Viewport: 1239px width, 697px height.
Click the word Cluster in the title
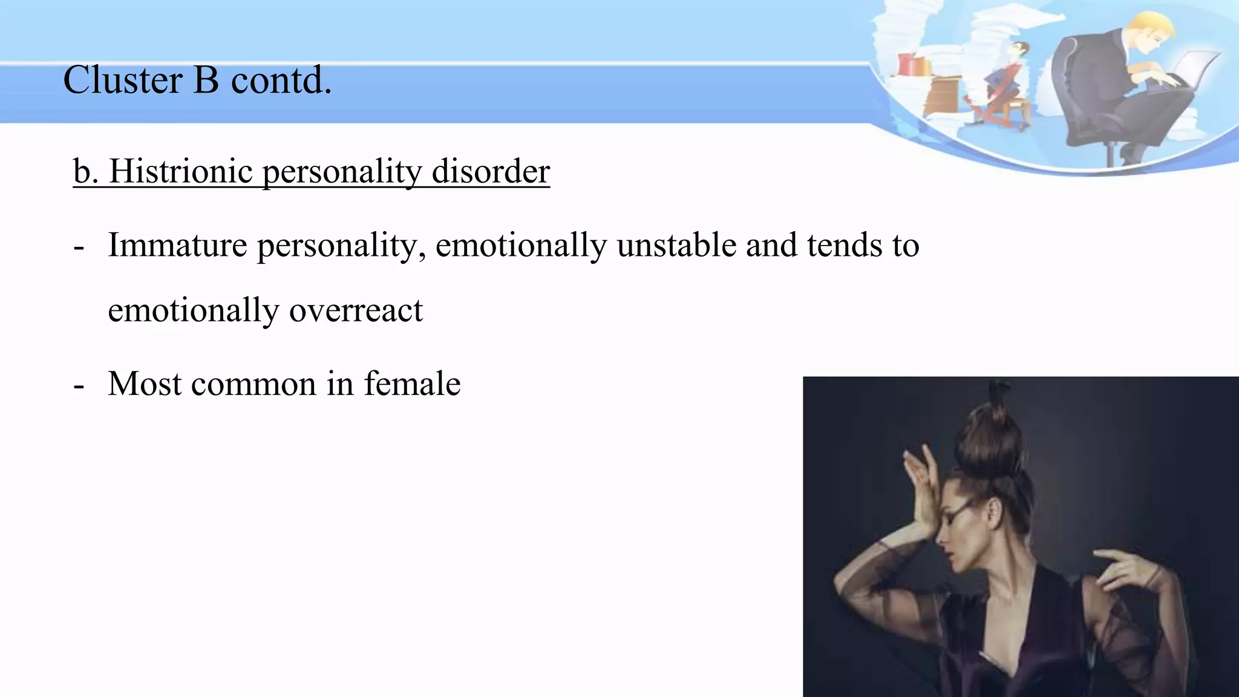(122, 80)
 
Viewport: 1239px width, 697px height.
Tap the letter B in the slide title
(206, 80)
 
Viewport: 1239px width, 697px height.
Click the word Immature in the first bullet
(177, 246)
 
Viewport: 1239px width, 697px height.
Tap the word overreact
(356, 311)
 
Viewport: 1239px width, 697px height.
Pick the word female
(412, 384)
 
